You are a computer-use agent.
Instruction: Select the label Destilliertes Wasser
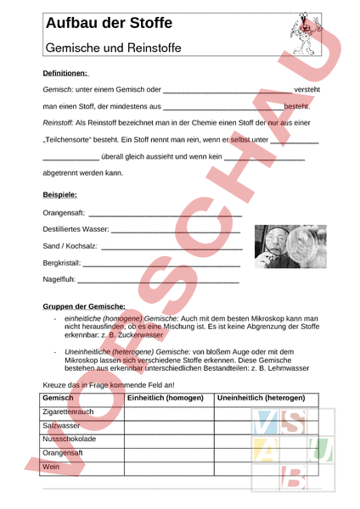pyautogui.click(x=76, y=229)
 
